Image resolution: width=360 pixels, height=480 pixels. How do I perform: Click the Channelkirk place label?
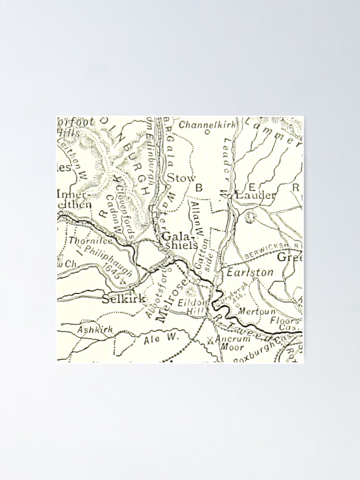pos(207,125)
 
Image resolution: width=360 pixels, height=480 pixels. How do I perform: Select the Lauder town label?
pos(255,195)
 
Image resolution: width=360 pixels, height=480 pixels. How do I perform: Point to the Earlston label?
pos(250,272)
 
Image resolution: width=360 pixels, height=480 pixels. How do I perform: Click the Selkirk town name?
pos(124,299)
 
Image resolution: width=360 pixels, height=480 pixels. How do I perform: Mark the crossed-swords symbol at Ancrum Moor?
pos(210,341)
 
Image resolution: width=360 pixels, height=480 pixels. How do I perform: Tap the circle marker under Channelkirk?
pos(207,132)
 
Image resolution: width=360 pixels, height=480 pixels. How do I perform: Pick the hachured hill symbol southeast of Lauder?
pos(251,217)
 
